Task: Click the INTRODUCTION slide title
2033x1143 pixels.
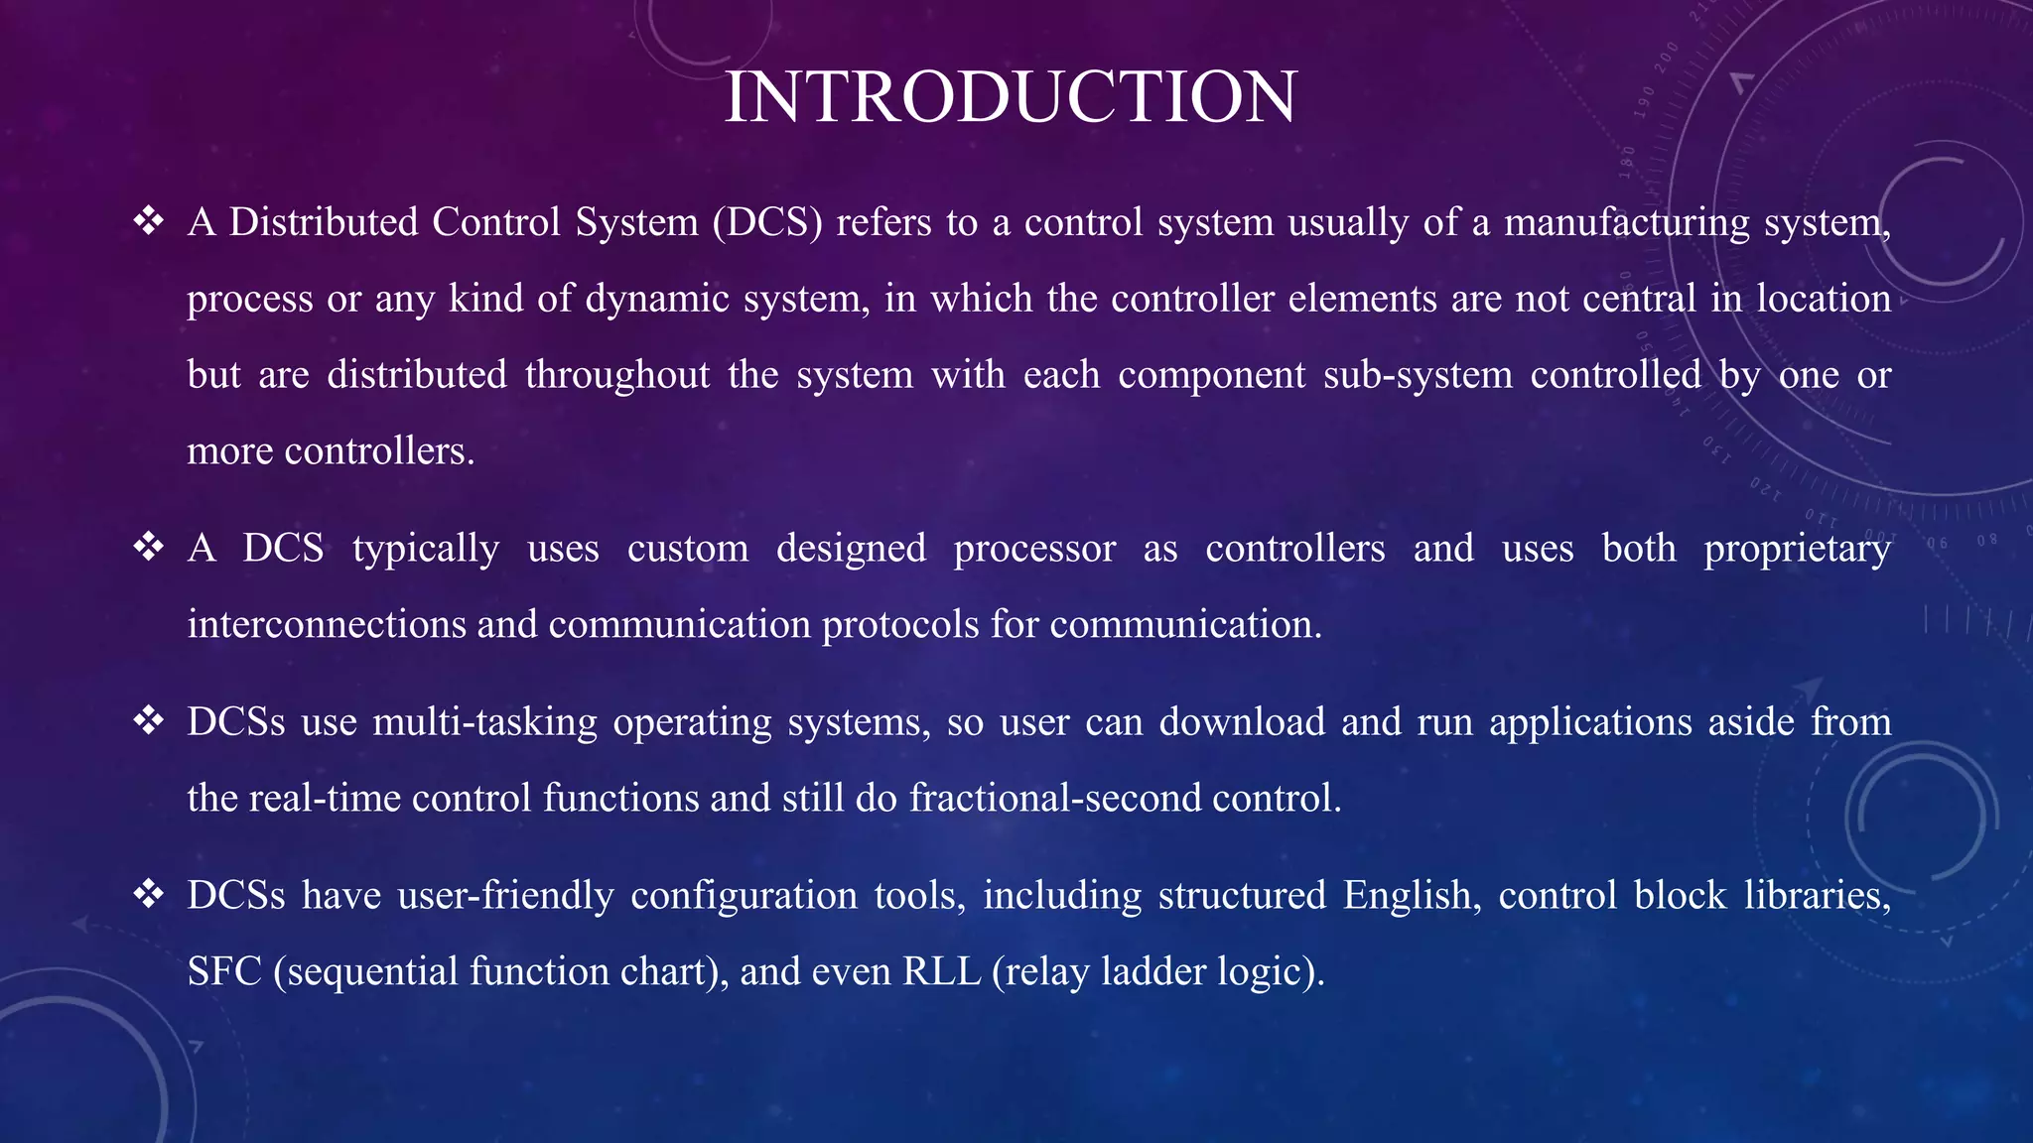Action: (1011, 97)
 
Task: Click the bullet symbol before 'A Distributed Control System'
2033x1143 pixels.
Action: (149, 220)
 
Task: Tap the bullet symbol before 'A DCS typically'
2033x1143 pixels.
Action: (149, 547)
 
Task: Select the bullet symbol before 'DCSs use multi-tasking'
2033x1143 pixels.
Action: (149, 720)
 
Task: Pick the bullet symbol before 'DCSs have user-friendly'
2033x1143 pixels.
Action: (149, 894)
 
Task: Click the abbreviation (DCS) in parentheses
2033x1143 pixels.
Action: (767, 222)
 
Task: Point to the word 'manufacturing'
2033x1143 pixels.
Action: (1626, 222)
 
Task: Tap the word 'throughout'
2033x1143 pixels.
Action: (617, 375)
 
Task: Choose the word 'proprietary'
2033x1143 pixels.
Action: (1797, 549)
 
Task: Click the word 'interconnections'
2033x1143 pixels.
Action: (327, 624)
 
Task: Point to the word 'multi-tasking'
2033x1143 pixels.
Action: (485, 722)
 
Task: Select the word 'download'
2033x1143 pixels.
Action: (1242, 721)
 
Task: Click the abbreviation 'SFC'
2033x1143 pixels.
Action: (224, 971)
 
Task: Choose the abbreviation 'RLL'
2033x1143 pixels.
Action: (941, 971)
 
